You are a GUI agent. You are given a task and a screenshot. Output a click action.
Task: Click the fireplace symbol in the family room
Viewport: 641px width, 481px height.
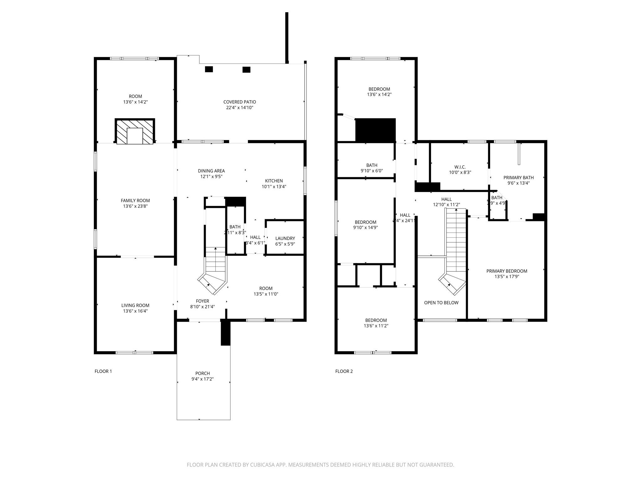click(x=135, y=132)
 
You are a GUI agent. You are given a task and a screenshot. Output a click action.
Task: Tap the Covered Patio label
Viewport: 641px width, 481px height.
click(x=239, y=102)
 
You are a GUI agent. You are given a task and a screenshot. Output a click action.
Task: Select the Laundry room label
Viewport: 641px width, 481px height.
click(x=285, y=238)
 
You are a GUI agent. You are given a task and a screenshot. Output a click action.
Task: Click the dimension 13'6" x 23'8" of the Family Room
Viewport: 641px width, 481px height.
click(x=135, y=206)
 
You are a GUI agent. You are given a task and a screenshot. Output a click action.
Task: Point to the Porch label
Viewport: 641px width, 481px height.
click(x=203, y=373)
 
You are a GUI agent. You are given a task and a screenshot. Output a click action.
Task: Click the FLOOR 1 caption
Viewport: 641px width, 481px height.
click(x=103, y=371)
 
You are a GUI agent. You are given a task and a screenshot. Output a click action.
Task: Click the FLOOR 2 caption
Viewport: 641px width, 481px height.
click(x=344, y=371)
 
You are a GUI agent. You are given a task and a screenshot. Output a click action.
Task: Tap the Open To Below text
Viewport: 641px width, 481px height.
click(x=441, y=303)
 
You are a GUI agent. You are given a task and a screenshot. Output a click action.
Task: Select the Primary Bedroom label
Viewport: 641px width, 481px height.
click(x=506, y=271)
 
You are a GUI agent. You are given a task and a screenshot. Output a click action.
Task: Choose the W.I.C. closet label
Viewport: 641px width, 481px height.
click(x=460, y=167)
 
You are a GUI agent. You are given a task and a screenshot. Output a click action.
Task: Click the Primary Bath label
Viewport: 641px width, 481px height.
click(x=518, y=178)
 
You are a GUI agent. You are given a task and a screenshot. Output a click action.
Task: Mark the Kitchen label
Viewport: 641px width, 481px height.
click(x=274, y=181)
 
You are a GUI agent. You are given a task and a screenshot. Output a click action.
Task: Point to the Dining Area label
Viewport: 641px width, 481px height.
click(x=211, y=171)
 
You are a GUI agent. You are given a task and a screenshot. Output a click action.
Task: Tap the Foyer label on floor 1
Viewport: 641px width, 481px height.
click(x=202, y=301)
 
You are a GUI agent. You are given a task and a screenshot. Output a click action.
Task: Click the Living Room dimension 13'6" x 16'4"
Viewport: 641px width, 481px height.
click(x=135, y=311)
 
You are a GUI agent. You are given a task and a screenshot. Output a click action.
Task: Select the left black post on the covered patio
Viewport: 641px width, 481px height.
click(x=209, y=70)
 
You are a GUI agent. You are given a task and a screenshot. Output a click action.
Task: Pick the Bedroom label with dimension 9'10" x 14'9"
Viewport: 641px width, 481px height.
click(x=365, y=222)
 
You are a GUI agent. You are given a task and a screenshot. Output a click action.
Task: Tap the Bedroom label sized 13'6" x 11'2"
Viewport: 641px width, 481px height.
click(x=376, y=320)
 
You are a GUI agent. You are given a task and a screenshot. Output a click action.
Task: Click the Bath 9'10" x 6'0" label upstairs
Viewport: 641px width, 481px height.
click(x=372, y=165)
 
